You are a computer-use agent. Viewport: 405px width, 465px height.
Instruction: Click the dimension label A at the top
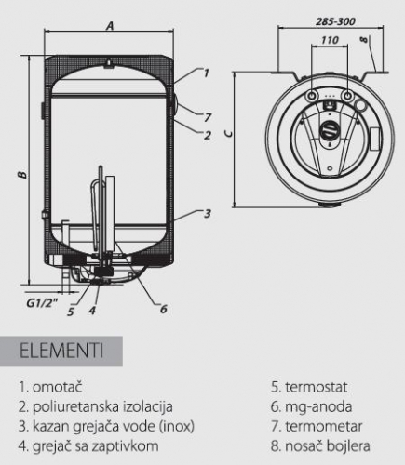click(110, 26)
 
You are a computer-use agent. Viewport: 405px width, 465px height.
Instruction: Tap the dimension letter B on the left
click(22, 175)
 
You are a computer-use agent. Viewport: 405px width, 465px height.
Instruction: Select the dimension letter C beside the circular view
click(229, 133)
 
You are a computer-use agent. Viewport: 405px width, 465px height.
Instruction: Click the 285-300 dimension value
click(335, 21)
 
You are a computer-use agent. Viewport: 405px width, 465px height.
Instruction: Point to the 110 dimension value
click(330, 40)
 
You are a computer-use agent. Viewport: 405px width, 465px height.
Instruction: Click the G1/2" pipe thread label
click(42, 303)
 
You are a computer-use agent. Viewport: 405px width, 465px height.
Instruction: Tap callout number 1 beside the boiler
click(206, 73)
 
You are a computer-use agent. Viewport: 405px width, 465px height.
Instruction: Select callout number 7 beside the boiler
click(207, 117)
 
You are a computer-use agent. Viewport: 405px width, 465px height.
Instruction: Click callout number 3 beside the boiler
click(207, 214)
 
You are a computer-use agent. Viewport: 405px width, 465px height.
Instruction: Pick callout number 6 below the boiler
click(164, 309)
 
